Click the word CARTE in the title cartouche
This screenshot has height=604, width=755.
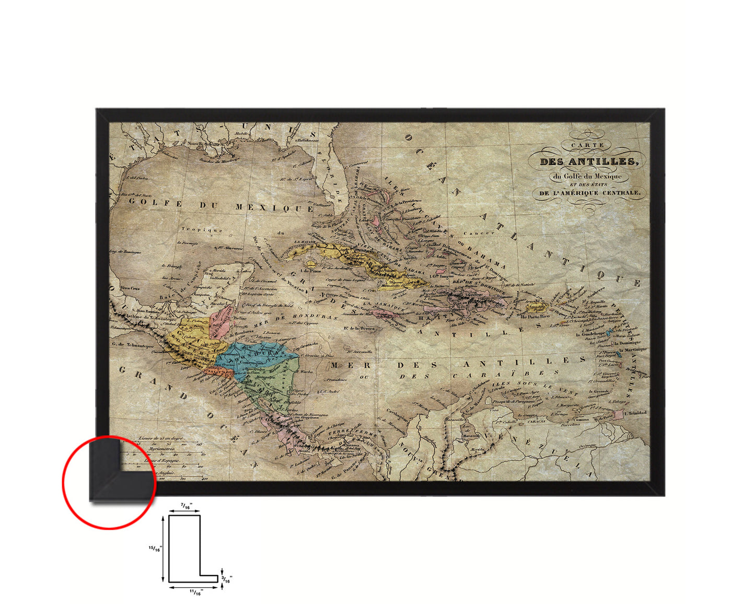pyautogui.click(x=587, y=145)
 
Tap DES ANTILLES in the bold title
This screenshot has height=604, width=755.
pyautogui.click(x=589, y=161)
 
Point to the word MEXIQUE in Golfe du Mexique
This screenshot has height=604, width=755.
pyautogui.click(x=274, y=207)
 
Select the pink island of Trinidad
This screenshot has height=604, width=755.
pyautogui.click(x=619, y=414)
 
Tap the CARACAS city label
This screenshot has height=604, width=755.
pyautogui.click(x=533, y=421)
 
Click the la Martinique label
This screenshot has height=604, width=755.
pyautogui.click(x=633, y=349)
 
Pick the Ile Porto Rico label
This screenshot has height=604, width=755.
pyautogui.click(x=536, y=316)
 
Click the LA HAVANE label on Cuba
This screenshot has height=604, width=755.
pyautogui.click(x=306, y=242)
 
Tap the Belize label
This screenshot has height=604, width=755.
pyautogui.click(x=240, y=318)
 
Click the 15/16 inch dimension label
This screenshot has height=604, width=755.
pyautogui.click(x=155, y=549)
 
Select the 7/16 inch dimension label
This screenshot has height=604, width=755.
pyautogui.click(x=185, y=506)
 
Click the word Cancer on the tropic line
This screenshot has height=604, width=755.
pyautogui.click(x=479, y=233)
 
